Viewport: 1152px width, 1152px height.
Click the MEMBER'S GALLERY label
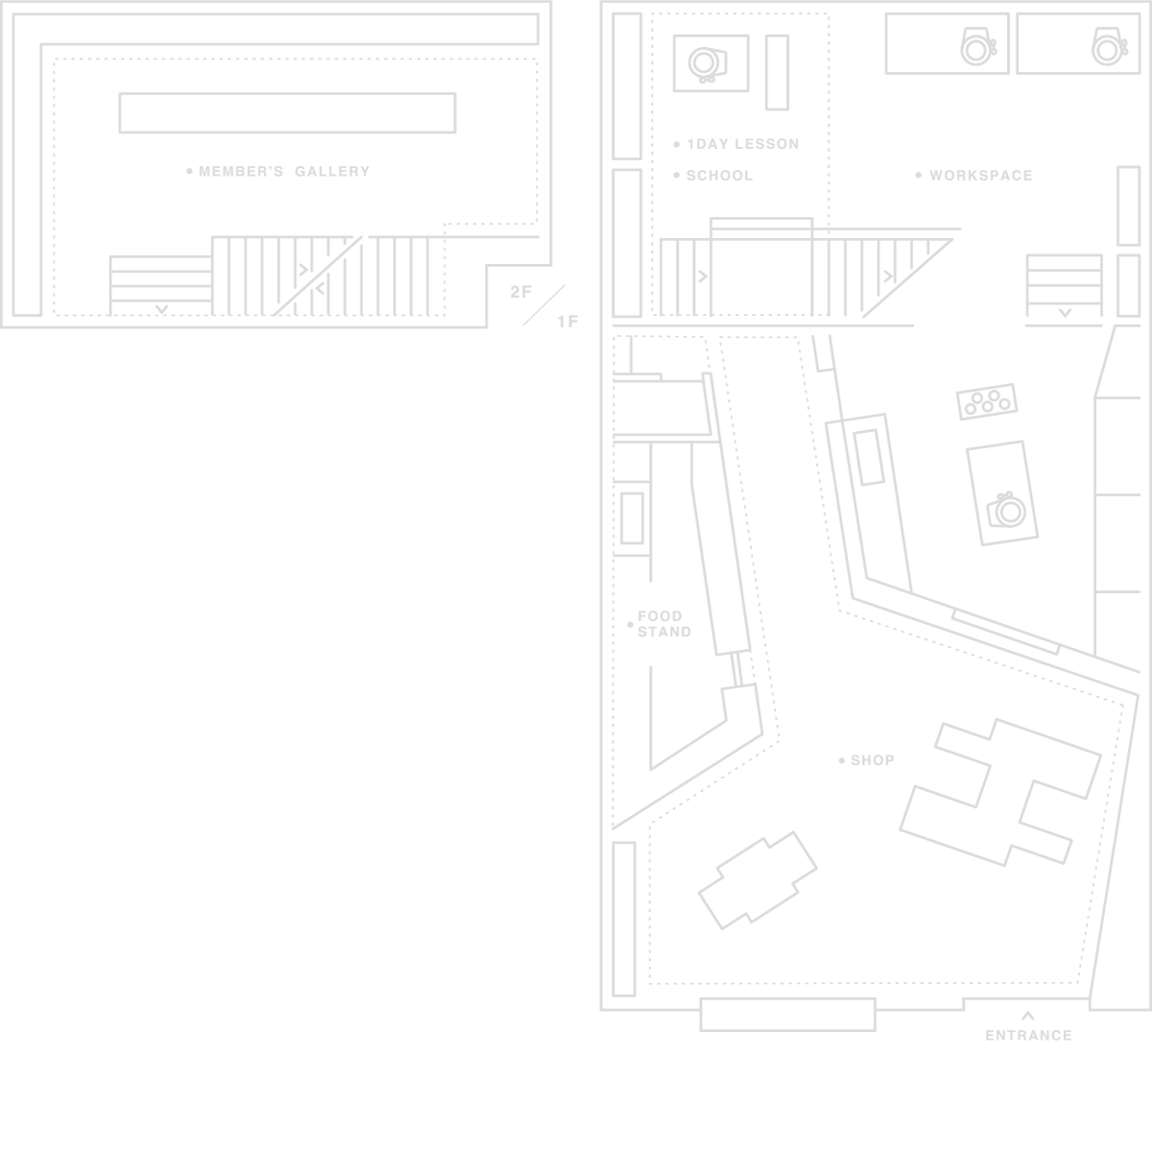[284, 172]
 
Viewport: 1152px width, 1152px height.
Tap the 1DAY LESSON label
[743, 144]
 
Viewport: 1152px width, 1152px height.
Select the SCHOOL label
[720, 176]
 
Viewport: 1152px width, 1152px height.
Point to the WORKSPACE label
[981, 176]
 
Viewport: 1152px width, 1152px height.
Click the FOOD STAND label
[664, 624]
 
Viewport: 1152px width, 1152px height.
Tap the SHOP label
[873, 760]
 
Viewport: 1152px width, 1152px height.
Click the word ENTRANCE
[1028, 1036]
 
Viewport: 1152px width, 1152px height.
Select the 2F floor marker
[520, 292]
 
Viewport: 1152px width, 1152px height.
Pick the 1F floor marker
[568, 323]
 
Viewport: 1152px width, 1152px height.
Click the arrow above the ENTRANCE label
[1027, 1015]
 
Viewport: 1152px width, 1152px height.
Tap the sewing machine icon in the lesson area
[708, 64]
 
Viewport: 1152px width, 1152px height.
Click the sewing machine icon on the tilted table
[1006, 510]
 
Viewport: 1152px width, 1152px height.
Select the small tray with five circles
[987, 401]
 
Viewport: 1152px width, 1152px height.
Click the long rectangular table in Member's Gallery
[288, 113]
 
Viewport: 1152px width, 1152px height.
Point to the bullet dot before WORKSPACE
[919, 175]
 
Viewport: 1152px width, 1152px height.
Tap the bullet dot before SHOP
[842, 761]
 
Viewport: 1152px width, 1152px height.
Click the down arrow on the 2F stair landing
[161, 309]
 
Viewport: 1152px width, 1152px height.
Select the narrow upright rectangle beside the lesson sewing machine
[778, 72]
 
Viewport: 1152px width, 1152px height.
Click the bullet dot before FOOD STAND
[630, 625]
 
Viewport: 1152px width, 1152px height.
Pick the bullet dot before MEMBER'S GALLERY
[189, 172]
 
